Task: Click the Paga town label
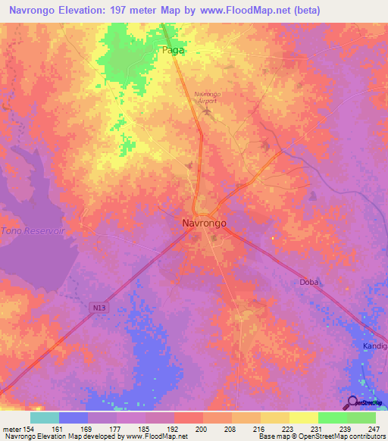[174, 51]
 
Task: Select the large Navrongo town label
[204, 224]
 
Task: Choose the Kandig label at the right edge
[374, 346]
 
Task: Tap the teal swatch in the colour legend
[45, 418]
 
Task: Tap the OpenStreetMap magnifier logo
[353, 402]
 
